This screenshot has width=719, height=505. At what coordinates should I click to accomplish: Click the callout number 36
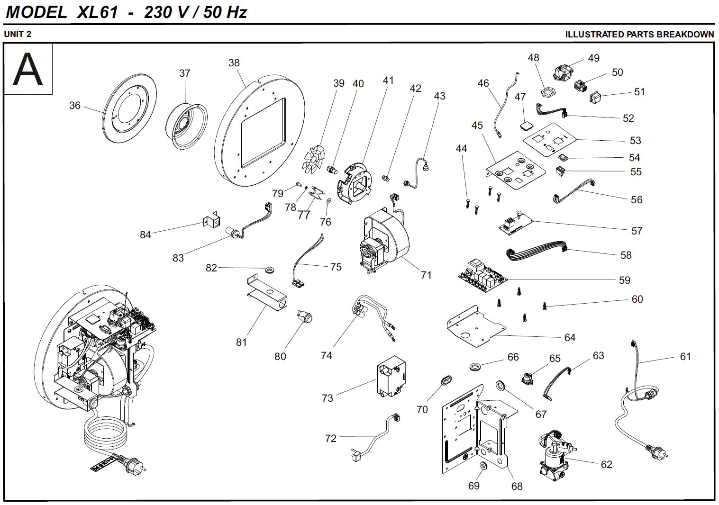tap(74, 105)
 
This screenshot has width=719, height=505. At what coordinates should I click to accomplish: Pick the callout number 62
tap(606, 464)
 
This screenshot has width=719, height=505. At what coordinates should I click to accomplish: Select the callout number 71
tap(426, 275)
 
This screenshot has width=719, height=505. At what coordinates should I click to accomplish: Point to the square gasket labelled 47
tap(524, 125)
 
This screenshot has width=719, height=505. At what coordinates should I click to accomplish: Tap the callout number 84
tap(145, 234)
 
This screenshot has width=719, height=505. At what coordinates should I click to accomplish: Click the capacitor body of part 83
tap(232, 232)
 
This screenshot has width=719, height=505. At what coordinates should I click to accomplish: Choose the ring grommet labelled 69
tap(482, 467)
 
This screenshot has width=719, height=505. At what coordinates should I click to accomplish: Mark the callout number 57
tap(637, 231)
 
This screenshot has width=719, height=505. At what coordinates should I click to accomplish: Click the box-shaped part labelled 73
tap(391, 377)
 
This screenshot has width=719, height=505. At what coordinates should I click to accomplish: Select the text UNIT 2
tap(18, 34)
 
